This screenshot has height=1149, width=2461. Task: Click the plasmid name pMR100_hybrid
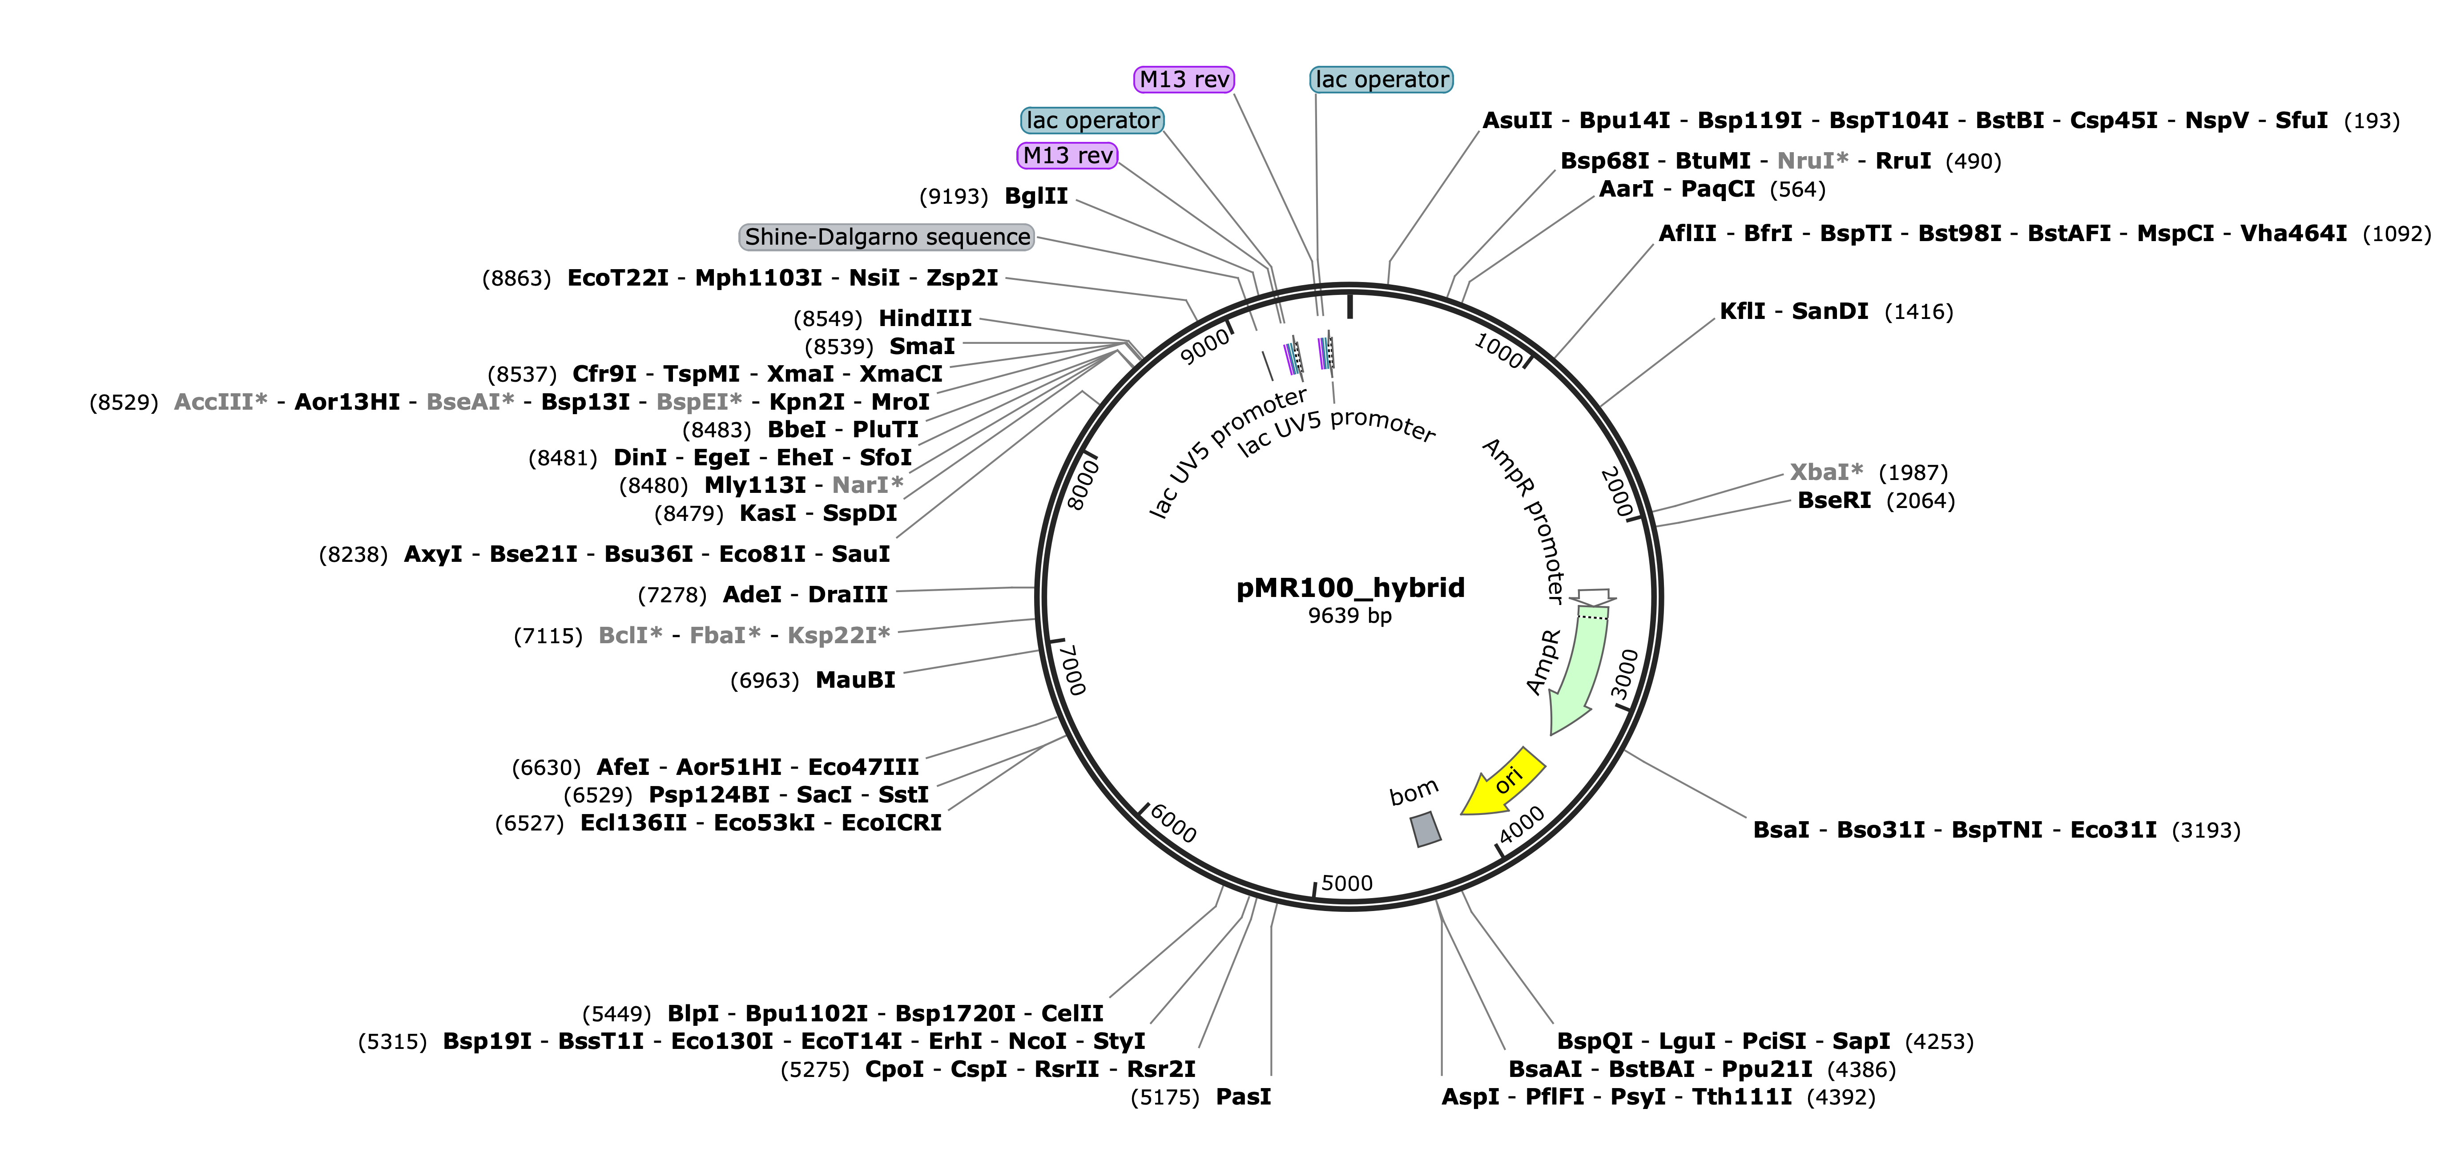1350,587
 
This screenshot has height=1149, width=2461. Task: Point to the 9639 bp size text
1350,615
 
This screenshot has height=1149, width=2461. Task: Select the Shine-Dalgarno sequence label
887,237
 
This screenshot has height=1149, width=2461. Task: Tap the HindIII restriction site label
925,318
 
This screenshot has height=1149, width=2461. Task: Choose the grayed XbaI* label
1826,472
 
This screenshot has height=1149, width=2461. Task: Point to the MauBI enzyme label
855,680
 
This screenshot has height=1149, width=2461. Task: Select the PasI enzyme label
1243,1097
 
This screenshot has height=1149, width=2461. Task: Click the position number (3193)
2206,830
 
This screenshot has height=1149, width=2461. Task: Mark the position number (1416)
1918,311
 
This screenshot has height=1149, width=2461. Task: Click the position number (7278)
672,595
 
